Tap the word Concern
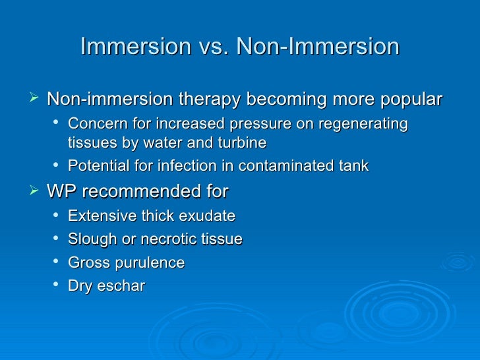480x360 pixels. pyautogui.click(x=94, y=124)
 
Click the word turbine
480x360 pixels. pyautogui.click(x=243, y=142)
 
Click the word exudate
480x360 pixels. pyautogui.click(x=209, y=216)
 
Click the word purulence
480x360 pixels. pyautogui.click(x=148, y=263)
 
